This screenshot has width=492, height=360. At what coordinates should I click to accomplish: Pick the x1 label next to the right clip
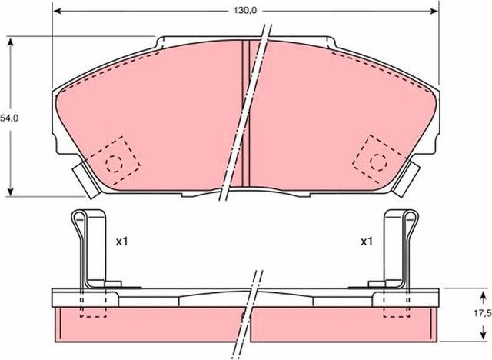click(x=367, y=241)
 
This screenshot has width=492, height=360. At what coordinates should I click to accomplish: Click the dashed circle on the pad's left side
click(x=114, y=162)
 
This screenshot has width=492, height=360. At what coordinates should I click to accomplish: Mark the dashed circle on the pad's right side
click(x=377, y=161)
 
